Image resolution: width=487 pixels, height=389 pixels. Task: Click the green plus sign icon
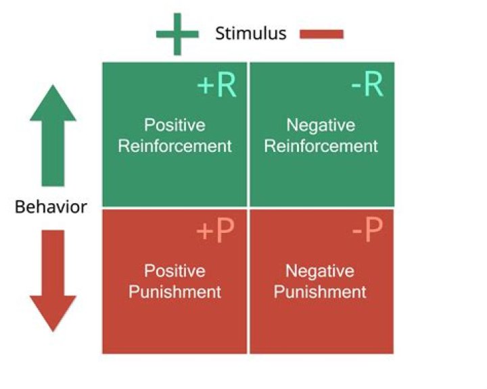[x=177, y=34]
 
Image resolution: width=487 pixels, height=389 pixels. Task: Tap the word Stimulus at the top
[x=251, y=33]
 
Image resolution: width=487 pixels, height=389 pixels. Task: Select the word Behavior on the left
[x=51, y=207]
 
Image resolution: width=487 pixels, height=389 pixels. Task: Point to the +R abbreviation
[x=216, y=87]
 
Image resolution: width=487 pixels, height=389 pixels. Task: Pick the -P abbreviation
[x=367, y=232]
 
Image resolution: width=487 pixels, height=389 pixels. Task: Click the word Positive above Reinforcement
[x=175, y=126]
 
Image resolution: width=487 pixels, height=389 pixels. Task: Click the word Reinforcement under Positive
[x=175, y=146]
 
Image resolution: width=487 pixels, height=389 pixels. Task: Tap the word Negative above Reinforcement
[x=321, y=126]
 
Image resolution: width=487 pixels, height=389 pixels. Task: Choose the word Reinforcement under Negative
[x=321, y=146]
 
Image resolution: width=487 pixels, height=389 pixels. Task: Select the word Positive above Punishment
[x=175, y=271]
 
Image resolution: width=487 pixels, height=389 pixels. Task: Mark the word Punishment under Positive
[x=175, y=292]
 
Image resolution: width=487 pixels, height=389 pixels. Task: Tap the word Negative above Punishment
[x=320, y=271]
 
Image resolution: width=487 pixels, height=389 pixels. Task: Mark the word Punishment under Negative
[x=320, y=292]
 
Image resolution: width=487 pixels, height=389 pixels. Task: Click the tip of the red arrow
[x=53, y=331]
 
